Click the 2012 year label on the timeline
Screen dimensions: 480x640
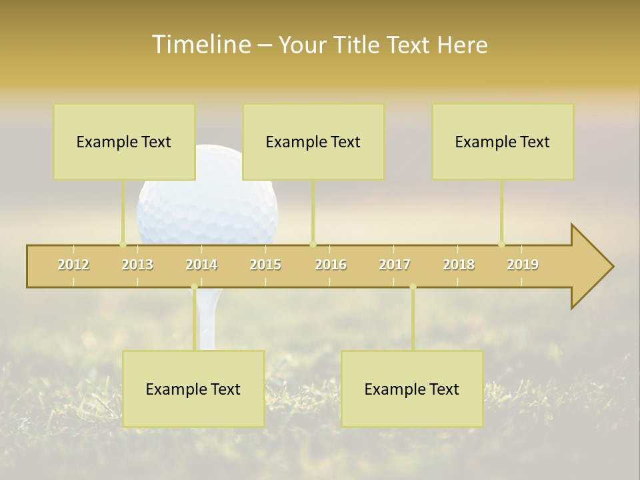pos(73,265)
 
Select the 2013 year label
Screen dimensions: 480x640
pos(137,265)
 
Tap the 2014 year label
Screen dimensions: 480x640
pos(201,265)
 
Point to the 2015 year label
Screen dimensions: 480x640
pos(265,265)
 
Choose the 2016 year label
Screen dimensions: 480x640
pos(331,265)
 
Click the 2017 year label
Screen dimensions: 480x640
pos(395,265)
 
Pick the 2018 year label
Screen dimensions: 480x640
pos(459,265)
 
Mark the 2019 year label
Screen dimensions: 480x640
pos(523,265)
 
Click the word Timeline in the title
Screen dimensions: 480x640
pos(200,45)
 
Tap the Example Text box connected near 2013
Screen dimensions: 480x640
pos(124,141)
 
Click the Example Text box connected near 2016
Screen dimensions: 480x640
pos(313,141)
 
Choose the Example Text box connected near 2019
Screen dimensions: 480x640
pos(503,141)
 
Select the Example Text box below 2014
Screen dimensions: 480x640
pos(193,389)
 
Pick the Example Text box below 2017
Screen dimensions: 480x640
pos(412,389)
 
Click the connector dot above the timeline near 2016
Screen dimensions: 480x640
pos(313,244)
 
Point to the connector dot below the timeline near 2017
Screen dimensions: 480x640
pos(413,287)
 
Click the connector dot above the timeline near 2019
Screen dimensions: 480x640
pos(502,244)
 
